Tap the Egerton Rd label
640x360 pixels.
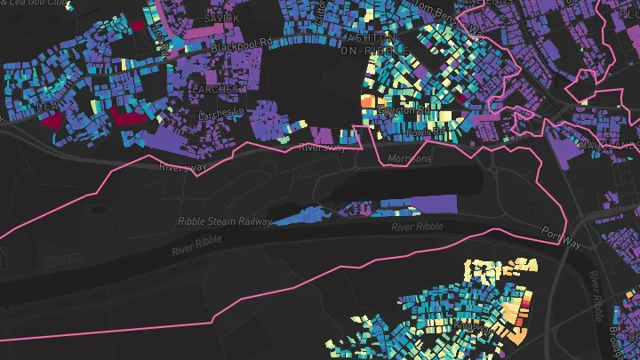(x=404, y=112)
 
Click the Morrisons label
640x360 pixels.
(x=411, y=159)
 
